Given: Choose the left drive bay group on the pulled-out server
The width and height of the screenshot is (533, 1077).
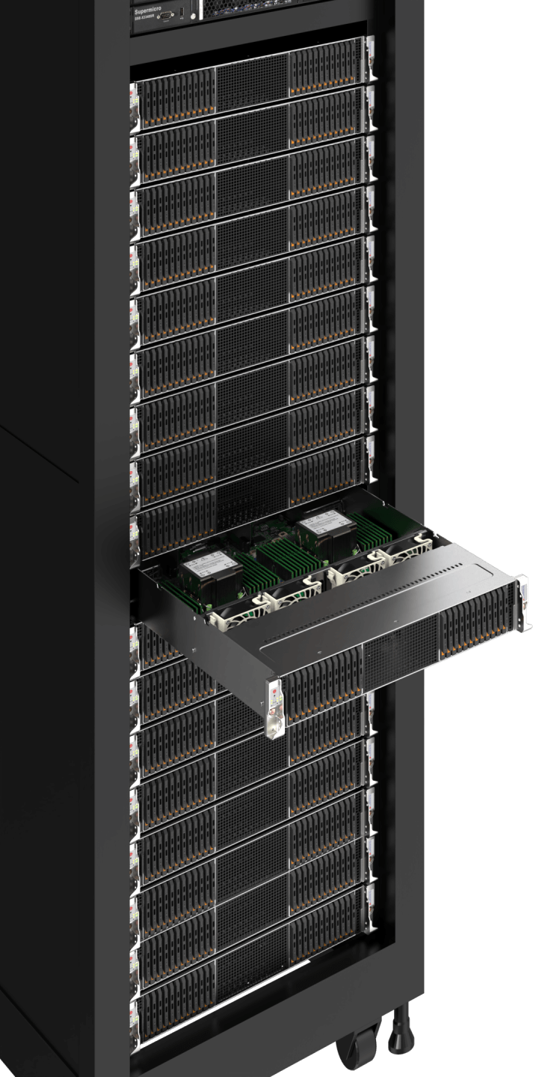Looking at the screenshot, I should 322,679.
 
